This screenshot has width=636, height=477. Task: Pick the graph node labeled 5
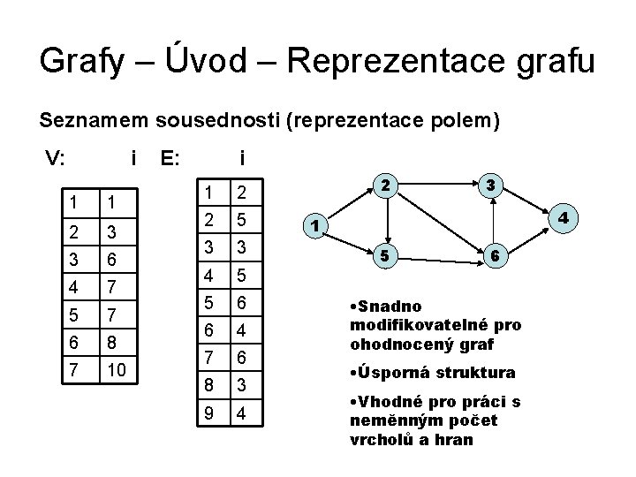(384, 255)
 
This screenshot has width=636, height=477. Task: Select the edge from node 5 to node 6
(440, 255)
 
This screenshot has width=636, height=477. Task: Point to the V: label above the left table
(56, 159)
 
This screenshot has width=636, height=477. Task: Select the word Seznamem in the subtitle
(93, 121)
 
